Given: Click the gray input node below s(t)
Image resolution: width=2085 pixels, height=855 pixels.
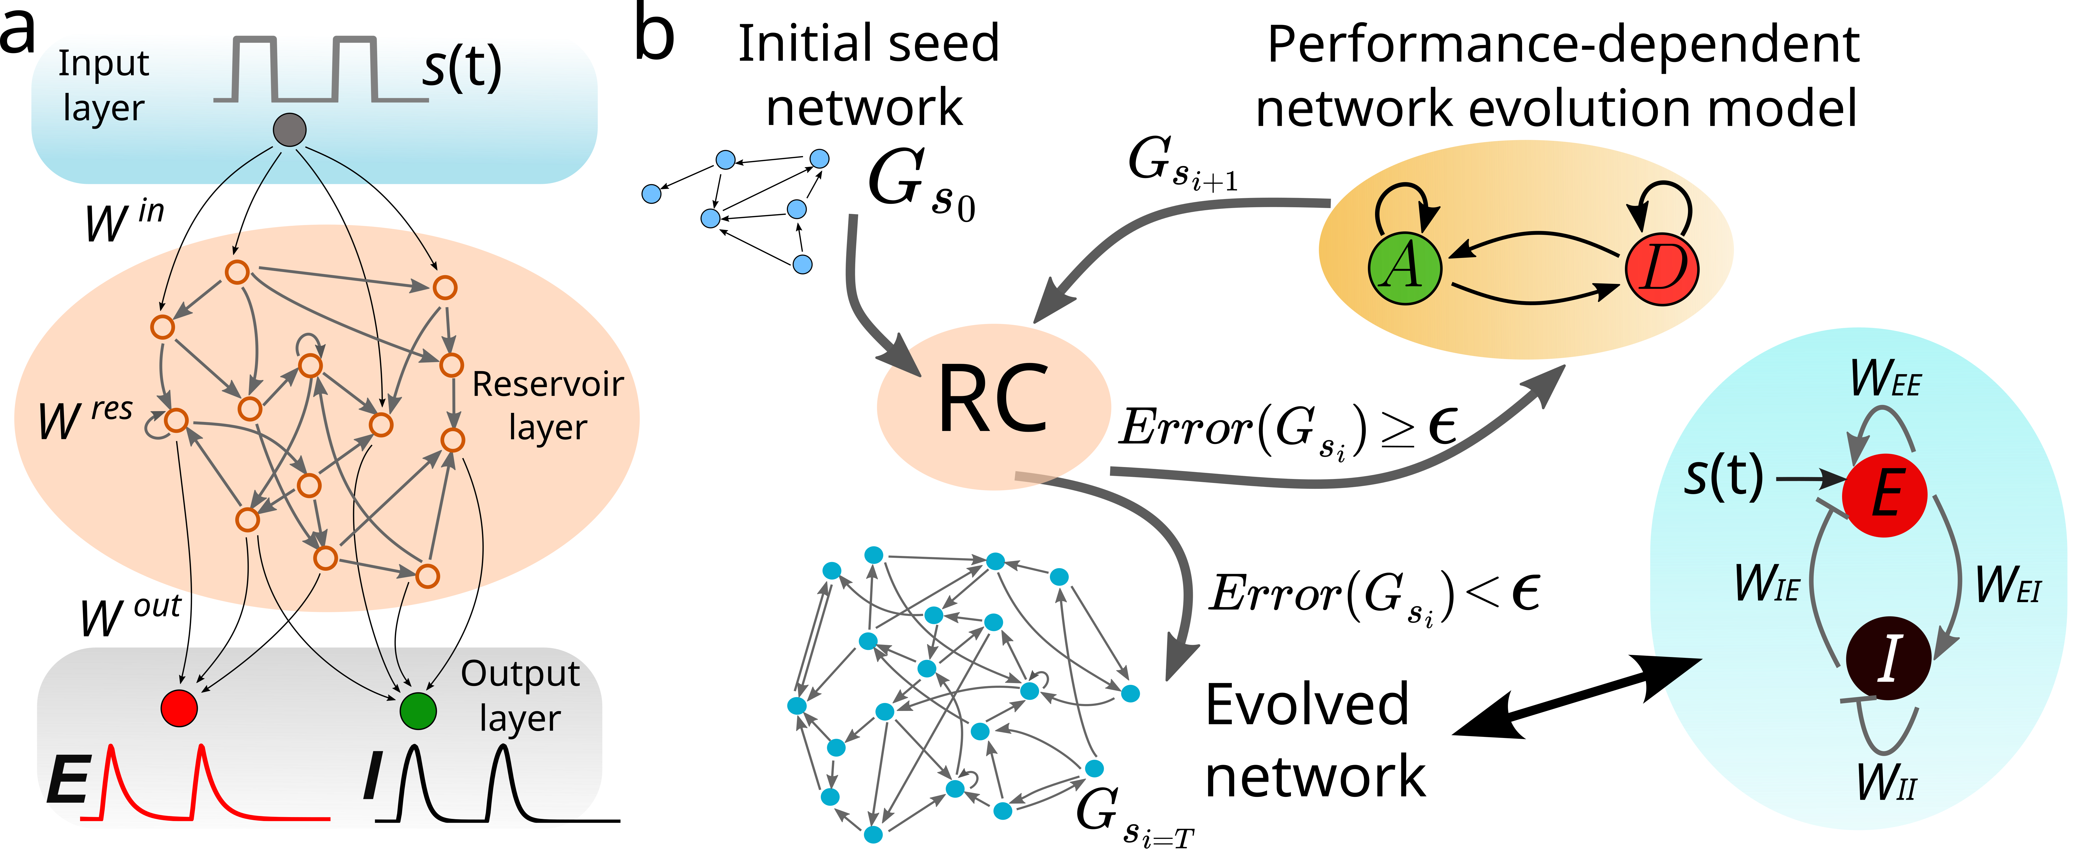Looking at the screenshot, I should pos(290,129).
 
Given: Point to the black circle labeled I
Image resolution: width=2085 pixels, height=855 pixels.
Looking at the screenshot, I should pos(1888,658).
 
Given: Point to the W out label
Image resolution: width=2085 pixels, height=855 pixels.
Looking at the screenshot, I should pos(129,617).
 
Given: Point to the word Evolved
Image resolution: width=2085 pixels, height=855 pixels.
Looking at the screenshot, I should pos(1306,704).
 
